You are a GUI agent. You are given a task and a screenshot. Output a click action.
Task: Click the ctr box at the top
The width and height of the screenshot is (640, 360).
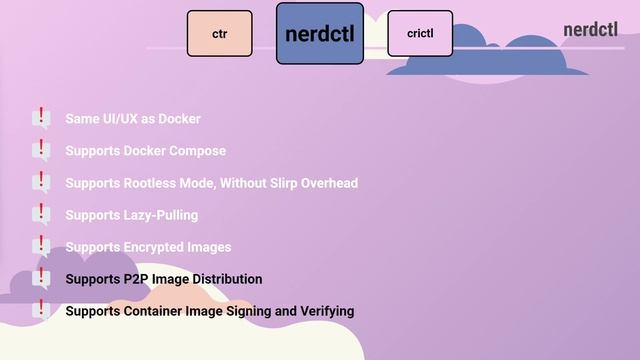[x=219, y=33]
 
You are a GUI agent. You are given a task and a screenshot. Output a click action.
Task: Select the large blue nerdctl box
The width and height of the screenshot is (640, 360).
[x=319, y=34]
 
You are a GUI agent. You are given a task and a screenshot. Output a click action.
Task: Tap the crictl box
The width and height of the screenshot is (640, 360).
[x=419, y=33]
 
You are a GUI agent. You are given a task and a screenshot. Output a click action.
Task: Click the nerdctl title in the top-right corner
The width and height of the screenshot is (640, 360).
[x=590, y=29]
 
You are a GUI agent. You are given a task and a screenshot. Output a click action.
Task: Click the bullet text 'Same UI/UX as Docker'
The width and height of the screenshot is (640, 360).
[x=133, y=119]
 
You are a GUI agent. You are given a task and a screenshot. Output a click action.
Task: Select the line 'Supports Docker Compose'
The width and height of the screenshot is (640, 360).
[x=145, y=151]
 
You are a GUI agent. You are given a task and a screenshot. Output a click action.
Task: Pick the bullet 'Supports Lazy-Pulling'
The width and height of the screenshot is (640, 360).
[x=131, y=215]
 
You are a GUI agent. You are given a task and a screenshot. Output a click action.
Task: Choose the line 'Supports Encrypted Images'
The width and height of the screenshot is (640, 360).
[x=148, y=247]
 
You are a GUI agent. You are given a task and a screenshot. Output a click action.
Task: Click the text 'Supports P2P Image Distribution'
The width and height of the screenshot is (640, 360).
[x=164, y=279]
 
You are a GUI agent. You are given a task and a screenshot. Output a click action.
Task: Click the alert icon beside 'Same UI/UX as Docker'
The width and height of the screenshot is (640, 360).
[x=41, y=119]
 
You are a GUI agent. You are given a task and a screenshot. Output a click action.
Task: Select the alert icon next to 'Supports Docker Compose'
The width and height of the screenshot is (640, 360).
[x=41, y=151]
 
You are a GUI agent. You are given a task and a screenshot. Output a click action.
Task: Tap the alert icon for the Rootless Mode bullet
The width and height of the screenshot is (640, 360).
[x=41, y=183]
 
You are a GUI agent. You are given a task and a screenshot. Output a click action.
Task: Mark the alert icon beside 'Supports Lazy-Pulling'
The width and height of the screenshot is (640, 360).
[x=41, y=215]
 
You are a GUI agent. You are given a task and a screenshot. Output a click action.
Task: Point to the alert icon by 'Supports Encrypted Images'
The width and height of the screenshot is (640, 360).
[x=41, y=247]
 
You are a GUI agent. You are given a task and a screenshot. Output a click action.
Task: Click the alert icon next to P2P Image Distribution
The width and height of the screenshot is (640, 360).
[x=41, y=279]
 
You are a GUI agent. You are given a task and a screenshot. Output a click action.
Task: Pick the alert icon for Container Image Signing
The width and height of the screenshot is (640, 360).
[x=41, y=311]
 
